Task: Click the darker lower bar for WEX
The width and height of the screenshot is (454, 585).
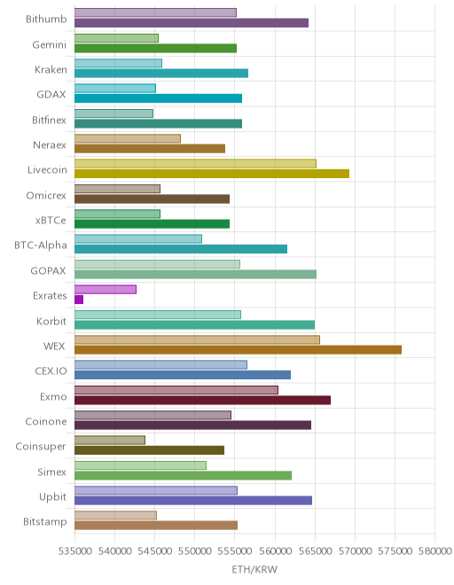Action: (x=238, y=350)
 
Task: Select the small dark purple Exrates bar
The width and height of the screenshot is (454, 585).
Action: (x=79, y=300)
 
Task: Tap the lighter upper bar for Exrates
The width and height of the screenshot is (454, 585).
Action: (x=106, y=289)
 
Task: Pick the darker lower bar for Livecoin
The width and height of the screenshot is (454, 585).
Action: (x=212, y=174)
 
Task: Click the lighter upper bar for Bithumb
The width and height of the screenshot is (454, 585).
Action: (x=155, y=12)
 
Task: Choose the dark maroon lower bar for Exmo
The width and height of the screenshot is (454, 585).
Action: (x=202, y=401)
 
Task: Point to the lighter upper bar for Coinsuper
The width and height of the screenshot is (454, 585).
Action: (x=110, y=441)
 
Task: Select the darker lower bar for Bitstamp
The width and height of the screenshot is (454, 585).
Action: (x=156, y=526)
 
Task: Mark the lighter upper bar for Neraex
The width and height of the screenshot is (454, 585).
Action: (x=128, y=138)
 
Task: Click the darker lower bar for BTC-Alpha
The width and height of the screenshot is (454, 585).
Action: (x=181, y=249)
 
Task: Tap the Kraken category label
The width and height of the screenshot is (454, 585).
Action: (x=51, y=70)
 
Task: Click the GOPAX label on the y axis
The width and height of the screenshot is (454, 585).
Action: (x=48, y=270)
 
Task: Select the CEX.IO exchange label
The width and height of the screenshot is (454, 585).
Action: (x=51, y=370)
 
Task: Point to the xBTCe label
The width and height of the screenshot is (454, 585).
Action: (x=51, y=220)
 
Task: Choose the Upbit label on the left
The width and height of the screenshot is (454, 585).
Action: (x=52, y=497)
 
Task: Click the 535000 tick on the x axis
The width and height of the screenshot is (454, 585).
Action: (x=74, y=551)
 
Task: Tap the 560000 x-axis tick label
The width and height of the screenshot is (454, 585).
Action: (x=275, y=551)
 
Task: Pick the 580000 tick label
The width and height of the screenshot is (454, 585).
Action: (x=435, y=551)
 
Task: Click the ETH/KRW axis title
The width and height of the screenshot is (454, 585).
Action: (x=254, y=569)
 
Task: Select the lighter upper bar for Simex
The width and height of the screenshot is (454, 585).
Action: (x=140, y=465)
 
